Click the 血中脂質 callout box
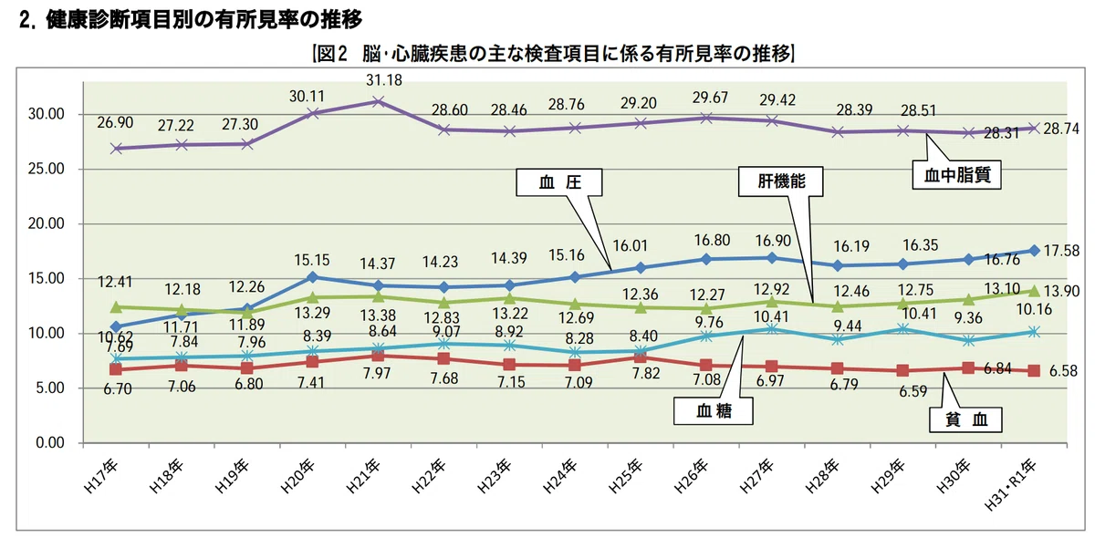tap(956, 175)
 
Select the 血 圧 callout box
tap(559, 182)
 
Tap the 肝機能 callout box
tap(781, 181)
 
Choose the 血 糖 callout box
tap(714, 411)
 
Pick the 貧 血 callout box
tap(965, 419)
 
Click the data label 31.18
tap(384, 80)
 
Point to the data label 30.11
tap(307, 97)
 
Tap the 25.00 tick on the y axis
tap(47, 169)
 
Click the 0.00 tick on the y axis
tap(50, 443)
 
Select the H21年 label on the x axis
tap(363, 476)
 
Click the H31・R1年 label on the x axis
tap(1010, 485)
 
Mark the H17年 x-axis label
tap(100, 476)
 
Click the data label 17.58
tap(1061, 251)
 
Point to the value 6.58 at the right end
tap(1063, 371)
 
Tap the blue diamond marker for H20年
tap(313, 277)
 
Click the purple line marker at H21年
tap(378, 101)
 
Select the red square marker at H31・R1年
tap(1034, 371)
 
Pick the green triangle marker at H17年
tap(116, 307)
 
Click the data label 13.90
tap(1061, 291)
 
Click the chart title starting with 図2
tap(553, 53)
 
